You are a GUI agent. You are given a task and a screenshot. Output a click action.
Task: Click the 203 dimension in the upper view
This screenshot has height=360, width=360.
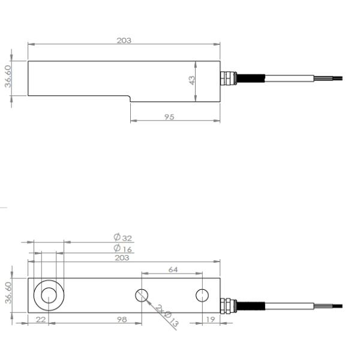point(124,40)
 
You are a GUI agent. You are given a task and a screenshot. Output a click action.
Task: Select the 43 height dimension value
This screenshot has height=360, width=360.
point(192,79)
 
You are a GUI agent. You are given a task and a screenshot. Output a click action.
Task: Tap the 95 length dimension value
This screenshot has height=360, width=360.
point(169,117)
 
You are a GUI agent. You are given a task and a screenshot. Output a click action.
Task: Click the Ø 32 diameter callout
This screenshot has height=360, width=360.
point(122,238)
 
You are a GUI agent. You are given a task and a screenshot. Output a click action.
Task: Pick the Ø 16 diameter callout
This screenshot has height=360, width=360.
point(122,248)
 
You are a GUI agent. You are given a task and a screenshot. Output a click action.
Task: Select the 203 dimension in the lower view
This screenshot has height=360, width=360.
point(122,257)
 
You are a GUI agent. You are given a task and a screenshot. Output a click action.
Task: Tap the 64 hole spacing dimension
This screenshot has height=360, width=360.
point(173,269)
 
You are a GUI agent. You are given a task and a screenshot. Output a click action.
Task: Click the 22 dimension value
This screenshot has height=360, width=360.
point(40,320)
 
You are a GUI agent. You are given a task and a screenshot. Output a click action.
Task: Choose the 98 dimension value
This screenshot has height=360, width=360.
point(122,320)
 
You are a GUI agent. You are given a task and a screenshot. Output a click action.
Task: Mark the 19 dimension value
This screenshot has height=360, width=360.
point(210,320)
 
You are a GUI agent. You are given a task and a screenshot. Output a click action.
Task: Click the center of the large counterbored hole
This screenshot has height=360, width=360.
point(49,295)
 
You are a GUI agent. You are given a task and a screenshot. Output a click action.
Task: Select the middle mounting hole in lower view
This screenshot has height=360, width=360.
point(142,295)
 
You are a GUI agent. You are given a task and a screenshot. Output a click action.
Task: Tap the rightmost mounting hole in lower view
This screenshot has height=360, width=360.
point(202,295)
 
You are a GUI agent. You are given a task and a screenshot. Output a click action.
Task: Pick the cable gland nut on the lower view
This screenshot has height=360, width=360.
point(227,305)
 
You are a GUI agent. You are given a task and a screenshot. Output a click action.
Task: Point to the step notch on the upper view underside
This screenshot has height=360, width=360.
point(130,98)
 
